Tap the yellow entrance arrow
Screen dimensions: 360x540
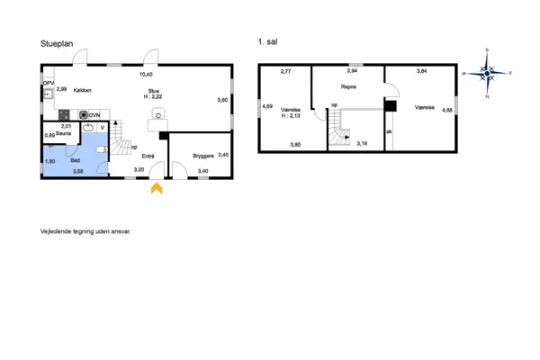point(156,188)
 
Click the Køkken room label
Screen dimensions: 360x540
point(80,90)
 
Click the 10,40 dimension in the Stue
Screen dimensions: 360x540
point(146,75)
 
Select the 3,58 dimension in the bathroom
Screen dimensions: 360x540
point(77,170)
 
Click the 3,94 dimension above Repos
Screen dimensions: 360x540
point(353,70)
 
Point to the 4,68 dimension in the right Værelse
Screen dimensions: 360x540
point(446,110)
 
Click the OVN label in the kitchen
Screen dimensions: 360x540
point(94,115)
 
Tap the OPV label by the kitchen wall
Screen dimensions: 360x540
point(49,83)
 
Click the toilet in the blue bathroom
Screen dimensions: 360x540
point(102,152)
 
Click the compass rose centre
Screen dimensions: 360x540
point(487,72)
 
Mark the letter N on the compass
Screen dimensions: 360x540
point(487,95)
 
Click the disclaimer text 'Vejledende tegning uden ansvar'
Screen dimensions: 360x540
point(85,231)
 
